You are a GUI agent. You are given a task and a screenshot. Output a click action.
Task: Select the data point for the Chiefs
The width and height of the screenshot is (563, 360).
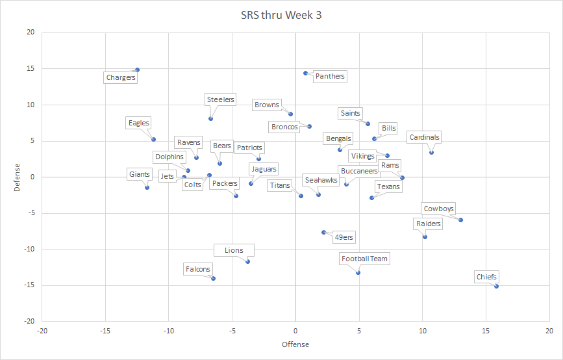(496, 286)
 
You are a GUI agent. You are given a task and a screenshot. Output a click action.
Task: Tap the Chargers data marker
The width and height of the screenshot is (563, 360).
(137, 70)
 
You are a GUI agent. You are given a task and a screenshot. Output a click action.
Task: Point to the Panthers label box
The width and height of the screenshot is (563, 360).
(329, 77)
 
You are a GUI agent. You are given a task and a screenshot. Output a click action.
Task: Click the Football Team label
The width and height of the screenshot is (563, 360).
(364, 259)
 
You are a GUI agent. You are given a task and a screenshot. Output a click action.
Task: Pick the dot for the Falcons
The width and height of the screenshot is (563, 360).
(213, 278)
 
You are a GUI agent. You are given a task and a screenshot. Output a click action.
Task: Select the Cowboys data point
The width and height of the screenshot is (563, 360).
(460, 220)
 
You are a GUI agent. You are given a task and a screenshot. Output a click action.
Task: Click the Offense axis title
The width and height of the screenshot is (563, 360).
(295, 344)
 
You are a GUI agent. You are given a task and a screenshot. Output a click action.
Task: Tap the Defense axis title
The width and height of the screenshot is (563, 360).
(18, 177)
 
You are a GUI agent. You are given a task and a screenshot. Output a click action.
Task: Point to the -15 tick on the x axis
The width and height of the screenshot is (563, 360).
(105, 331)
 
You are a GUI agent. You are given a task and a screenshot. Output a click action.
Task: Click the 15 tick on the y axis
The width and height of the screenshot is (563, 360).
(31, 69)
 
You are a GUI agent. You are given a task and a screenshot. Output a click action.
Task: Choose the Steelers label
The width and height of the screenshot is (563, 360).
(220, 100)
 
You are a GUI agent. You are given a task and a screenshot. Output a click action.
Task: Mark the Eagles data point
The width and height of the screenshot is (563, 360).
(153, 139)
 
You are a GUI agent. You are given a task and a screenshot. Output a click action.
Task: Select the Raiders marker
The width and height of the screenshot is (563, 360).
(425, 237)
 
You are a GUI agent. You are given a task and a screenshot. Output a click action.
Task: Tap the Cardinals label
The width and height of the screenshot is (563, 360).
(424, 137)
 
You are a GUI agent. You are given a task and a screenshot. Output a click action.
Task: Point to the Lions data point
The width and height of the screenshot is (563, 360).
(247, 261)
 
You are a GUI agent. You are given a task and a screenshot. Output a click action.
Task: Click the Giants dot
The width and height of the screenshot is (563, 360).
(147, 187)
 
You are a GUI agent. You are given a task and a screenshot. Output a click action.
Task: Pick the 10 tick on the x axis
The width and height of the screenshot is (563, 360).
(422, 331)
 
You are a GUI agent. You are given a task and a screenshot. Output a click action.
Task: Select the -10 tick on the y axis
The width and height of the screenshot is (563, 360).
(29, 249)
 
